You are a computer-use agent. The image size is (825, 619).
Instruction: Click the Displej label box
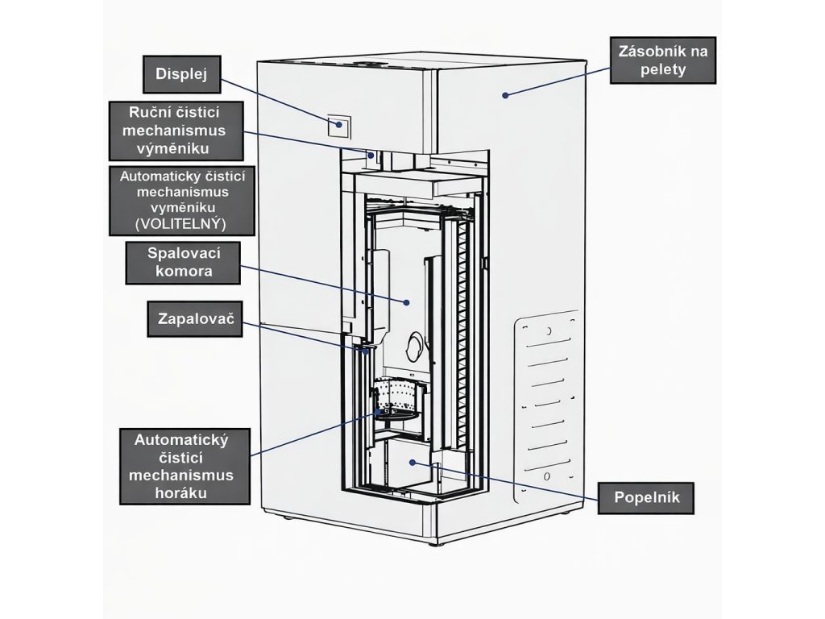tap(182, 75)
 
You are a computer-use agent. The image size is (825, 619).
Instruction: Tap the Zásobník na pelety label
tap(663, 60)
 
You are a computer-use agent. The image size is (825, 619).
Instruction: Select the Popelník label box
tap(646, 497)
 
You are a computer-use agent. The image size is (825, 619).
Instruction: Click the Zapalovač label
tap(195, 320)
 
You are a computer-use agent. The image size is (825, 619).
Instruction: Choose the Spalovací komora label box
tap(184, 263)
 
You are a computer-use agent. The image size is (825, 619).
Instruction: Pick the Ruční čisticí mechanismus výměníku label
tap(176, 130)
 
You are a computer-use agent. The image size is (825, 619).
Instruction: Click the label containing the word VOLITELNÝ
tap(181, 201)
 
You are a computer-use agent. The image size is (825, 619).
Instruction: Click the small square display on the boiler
tap(339, 124)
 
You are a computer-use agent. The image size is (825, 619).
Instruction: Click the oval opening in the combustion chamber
tap(415, 346)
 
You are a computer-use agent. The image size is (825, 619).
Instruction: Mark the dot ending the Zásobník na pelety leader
tap(505, 95)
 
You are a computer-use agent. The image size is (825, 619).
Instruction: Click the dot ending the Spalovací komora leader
tap(407, 302)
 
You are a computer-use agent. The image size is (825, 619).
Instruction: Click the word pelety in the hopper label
tap(663, 70)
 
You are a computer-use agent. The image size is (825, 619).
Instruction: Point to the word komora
tap(184, 272)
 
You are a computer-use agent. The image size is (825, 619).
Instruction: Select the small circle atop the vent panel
tap(548, 331)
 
